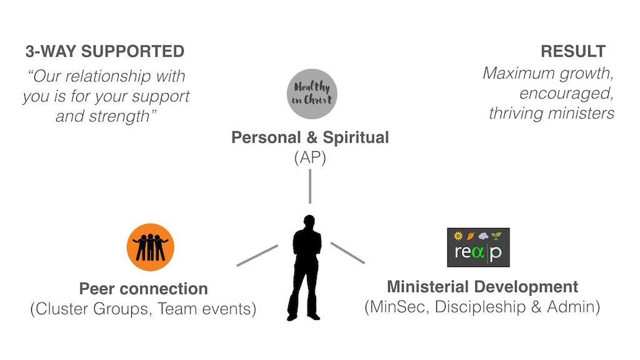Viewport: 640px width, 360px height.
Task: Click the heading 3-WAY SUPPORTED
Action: [105, 51]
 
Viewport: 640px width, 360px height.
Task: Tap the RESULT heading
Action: [573, 51]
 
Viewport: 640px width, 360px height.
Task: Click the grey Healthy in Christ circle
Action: [312, 94]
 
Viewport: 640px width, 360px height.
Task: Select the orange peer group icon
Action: [151, 247]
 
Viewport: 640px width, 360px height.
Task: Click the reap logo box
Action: [478, 247]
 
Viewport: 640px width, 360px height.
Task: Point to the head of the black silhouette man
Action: [309, 221]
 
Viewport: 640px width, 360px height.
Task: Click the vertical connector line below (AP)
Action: [310, 186]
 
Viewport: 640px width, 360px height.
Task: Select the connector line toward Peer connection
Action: [257, 256]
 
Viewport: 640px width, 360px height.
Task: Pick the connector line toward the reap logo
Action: [347, 253]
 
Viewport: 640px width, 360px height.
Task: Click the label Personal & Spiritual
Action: [310, 137]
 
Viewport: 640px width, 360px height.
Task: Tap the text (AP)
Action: [310, 157]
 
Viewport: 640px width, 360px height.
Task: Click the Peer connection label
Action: [144, 289]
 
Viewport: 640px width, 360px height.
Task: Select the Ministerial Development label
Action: [482, 286]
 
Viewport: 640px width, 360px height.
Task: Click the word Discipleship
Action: [481, 307]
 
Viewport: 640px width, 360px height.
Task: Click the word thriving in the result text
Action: [515, 113]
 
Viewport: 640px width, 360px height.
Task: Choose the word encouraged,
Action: [566, 94]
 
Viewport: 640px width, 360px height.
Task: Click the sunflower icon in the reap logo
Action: [458, 236]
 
